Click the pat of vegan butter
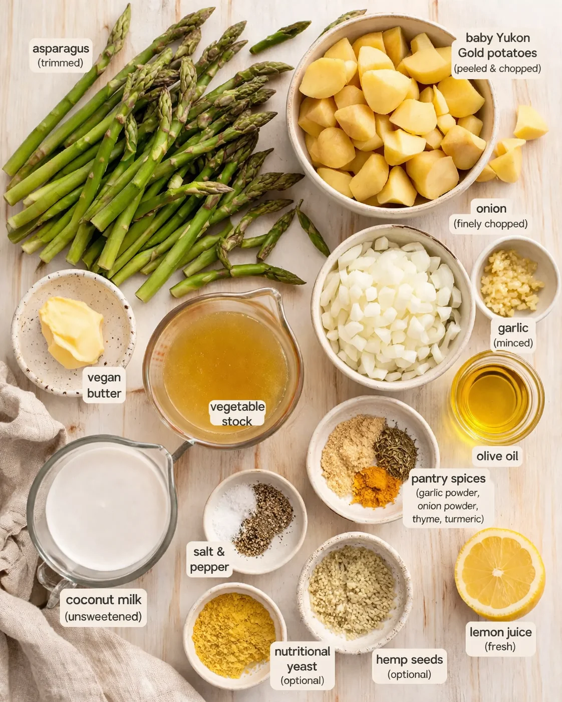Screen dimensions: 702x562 click(x=72, y=330)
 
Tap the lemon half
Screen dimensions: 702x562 click(x=499, y=573)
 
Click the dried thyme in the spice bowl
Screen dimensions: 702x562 click(x=396, y=450)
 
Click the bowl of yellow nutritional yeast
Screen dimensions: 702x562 click(x=233, y=633)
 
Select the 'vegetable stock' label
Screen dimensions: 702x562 click(x=237, y=414)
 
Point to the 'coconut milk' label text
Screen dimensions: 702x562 click(x=104, y=600)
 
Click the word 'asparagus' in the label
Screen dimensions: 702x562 click(x=61, y=49)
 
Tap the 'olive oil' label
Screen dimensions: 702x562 click(x=497, y=456)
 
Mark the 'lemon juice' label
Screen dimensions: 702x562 click(x=500, y=632)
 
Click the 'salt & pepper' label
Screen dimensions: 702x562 click(x=209, y=559)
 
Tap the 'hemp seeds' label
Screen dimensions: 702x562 click(x=409, y=660)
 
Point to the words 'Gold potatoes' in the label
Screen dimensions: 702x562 click(x=497, y=53)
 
